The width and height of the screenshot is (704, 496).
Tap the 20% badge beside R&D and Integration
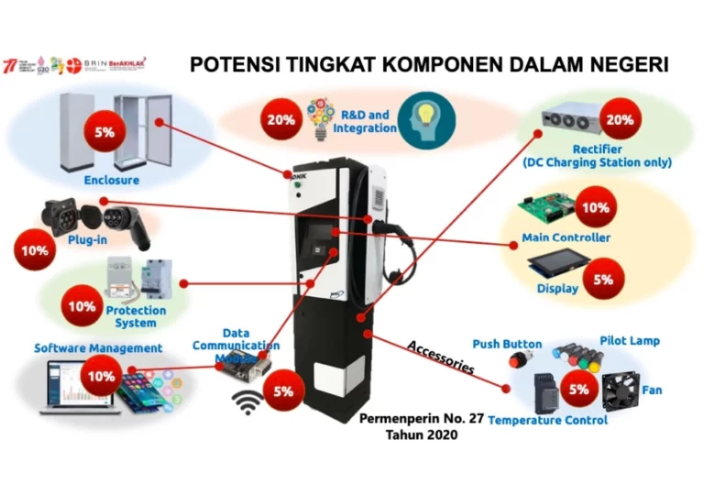[280, 119]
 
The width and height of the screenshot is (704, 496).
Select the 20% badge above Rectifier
[620, 120]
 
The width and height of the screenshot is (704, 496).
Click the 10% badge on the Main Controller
[596, 208]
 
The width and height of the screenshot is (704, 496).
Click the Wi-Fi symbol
[246, 400]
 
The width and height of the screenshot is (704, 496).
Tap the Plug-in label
[88, 239]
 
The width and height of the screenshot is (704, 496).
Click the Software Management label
[98, 348]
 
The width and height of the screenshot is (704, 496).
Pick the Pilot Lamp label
[630, 341]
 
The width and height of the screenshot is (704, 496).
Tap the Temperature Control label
[547, 420]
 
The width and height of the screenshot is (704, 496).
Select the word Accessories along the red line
[440, 357]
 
